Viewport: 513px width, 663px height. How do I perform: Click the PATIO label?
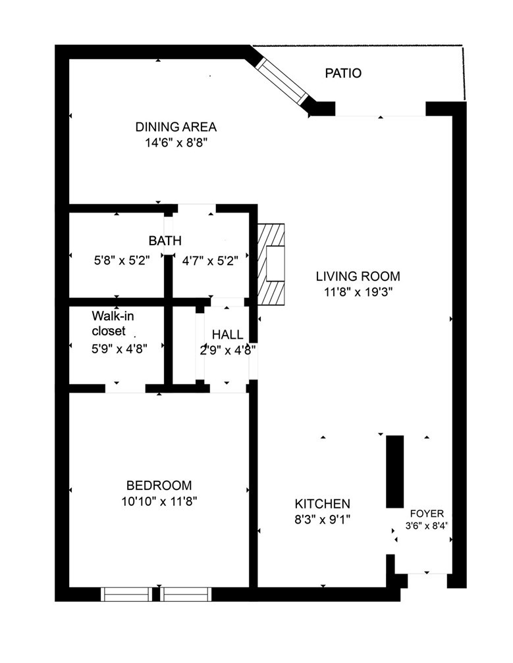coord(343,73)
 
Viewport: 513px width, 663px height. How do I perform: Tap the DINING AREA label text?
coord(176,127)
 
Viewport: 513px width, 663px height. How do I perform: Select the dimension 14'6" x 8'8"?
coord(176,143)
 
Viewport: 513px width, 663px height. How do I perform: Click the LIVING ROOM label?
coord(358,276)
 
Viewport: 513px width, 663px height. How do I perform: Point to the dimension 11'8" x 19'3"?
coord(358,292)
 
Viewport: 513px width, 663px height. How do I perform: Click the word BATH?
coord(165,241)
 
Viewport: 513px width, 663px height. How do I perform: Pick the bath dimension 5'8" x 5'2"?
coord(122,260)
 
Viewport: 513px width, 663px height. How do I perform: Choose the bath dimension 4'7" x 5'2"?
coord(210,260)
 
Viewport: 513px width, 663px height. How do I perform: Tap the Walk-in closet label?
coord(113,324)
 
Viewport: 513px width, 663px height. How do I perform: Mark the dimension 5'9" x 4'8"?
coord(119,349)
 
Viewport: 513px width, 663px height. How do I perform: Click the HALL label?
coord(228,335)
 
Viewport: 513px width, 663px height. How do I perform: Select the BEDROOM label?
coord(159,485)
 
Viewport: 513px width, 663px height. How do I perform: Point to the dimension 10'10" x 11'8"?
coord(159,501)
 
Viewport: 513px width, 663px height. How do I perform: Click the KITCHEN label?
coord(322,504)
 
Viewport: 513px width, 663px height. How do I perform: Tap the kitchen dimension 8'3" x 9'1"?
coord(322,519)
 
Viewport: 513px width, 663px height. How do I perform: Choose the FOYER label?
coord(427,514)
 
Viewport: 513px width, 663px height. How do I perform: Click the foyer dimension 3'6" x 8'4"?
coord(427,526)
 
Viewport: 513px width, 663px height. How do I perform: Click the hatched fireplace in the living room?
coord(271,264)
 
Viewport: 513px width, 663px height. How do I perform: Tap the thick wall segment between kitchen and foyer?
coord(394,472)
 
